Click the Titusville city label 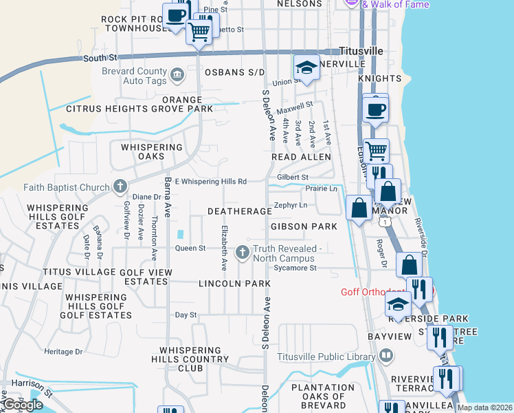[361, 51]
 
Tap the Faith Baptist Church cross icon [120, 186]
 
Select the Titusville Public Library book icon [386, 356]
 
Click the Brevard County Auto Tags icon [177, 74]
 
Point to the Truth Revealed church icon [242, 253]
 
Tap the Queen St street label [190, 248]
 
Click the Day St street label [186, 315]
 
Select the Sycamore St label [294, 268]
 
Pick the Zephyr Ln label [290, 205]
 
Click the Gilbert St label [292, 177]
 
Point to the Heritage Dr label [63, 352]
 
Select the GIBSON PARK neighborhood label [304, 226]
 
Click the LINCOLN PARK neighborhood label [234, 283]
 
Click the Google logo [22, 404]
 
